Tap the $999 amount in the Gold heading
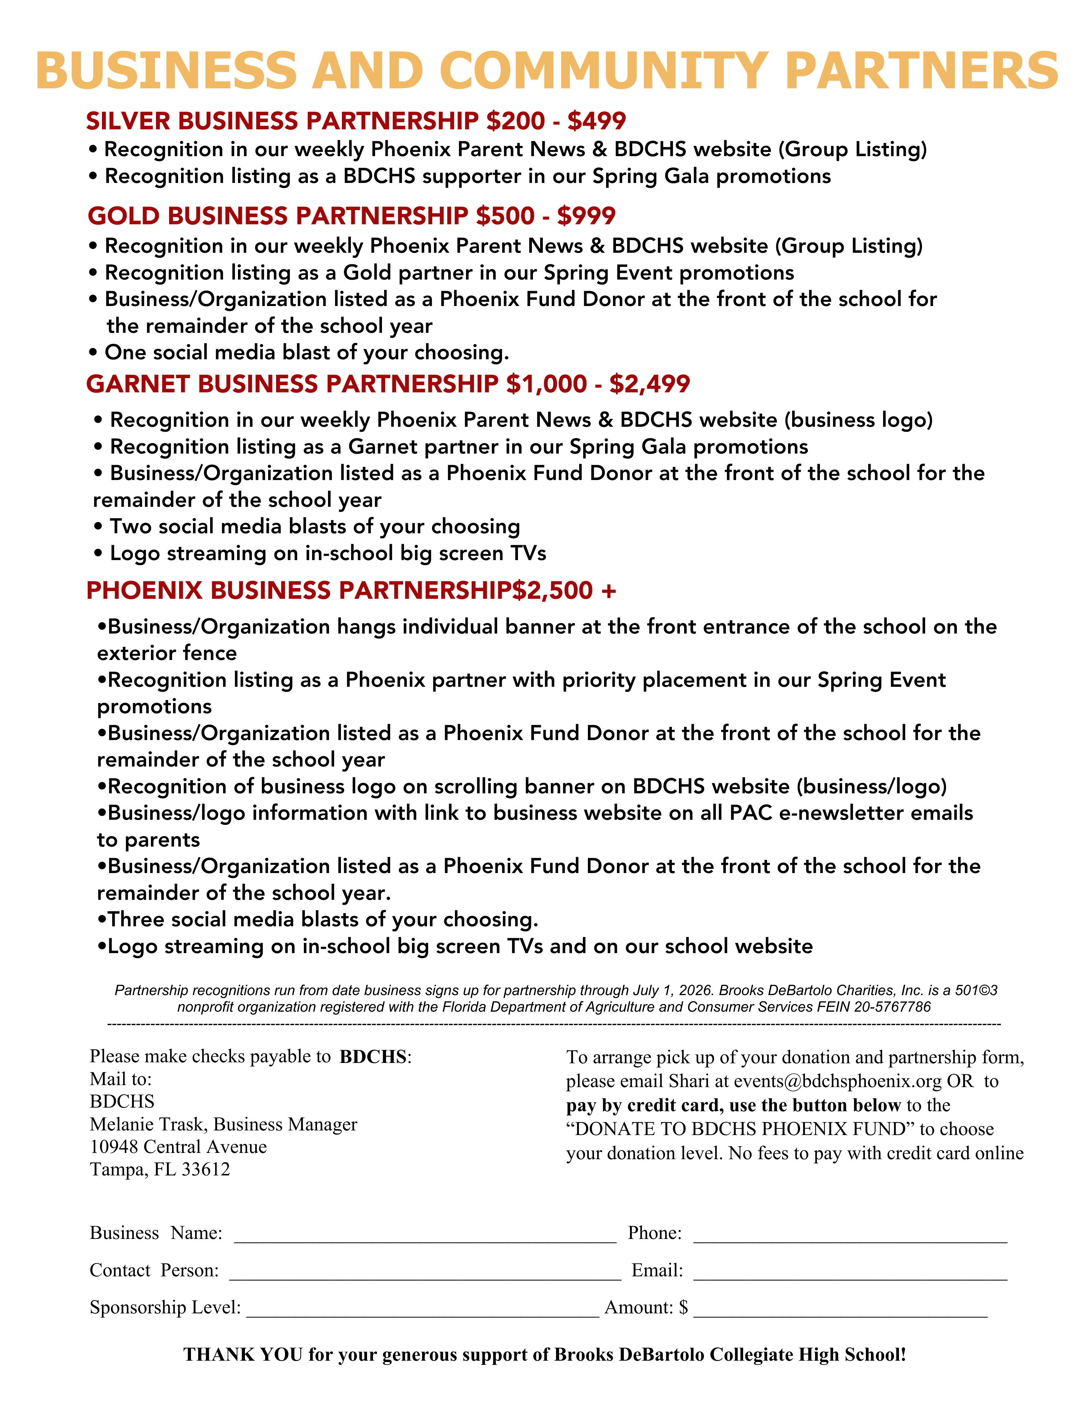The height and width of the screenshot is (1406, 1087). tap(586, 216)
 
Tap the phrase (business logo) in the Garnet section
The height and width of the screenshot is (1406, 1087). tap(858, 420)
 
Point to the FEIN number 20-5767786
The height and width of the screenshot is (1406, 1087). tap(892, 1007)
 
